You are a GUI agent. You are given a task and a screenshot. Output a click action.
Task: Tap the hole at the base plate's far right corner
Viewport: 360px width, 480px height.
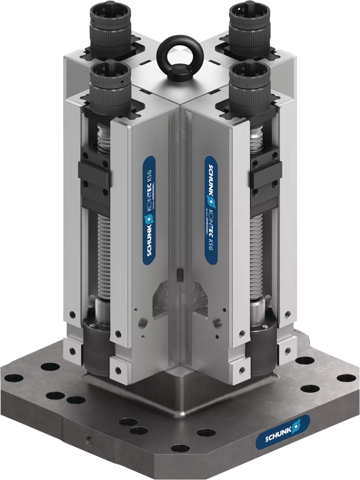pos(343,378)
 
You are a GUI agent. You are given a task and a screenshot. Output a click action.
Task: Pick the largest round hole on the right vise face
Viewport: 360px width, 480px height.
pos(218,322)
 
